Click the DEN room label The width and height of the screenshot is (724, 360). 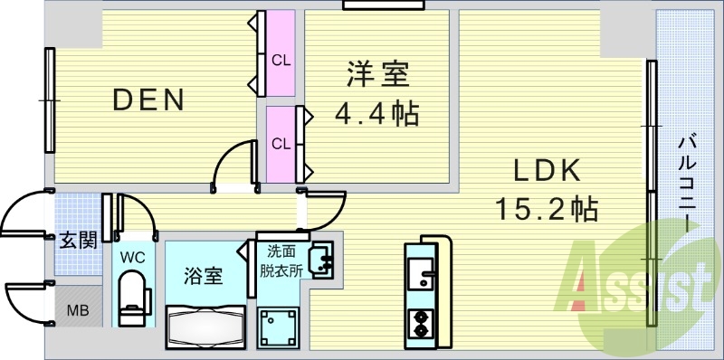tap(148, 99)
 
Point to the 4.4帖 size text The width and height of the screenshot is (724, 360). tap(377, 115)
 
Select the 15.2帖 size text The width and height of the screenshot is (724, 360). tap(545, 210)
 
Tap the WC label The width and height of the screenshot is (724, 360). tap(133, 256)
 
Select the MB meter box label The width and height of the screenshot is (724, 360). tap(78, 310)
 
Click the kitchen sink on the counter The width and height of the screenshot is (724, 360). tap(422, 274)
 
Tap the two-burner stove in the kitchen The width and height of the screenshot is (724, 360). tap(422, 321)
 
